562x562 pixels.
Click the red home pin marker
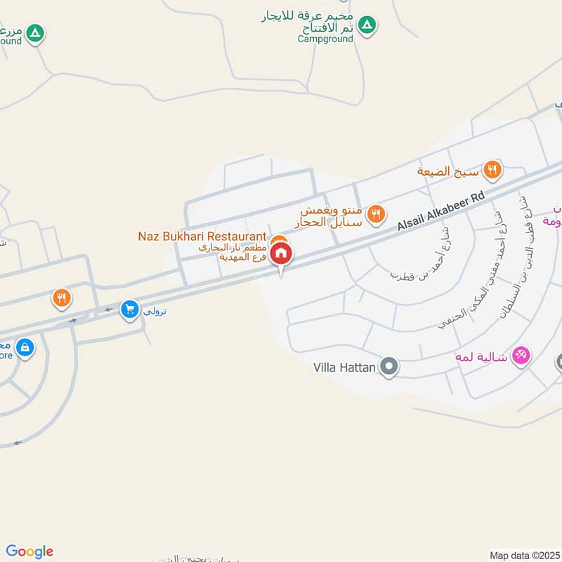281,254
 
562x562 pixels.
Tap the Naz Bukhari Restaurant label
202,236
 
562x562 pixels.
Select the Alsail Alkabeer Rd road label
441,212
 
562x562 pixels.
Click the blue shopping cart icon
129,309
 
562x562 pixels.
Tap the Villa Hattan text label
344,367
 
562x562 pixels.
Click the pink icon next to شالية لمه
521,355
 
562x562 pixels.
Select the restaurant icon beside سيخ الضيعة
492,169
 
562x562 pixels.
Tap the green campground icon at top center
366,26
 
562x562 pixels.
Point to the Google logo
30,551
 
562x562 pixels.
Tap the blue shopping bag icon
25,347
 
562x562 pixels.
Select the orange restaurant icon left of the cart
62,299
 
